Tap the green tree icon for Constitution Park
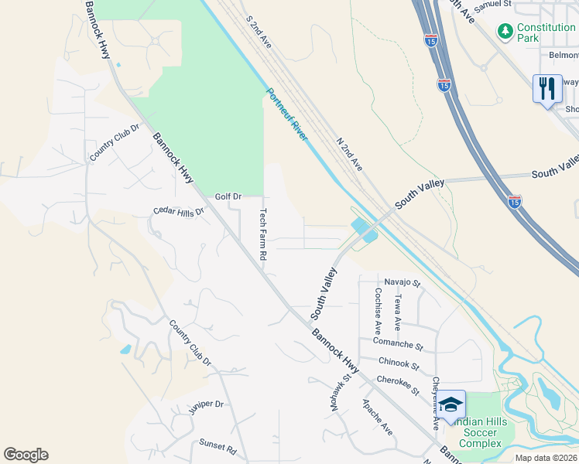505,31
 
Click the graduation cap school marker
450,405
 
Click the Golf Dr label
228,196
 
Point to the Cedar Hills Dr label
178,210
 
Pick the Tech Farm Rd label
263,234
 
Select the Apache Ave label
377,418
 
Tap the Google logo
26,455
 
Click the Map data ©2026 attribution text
545,458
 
